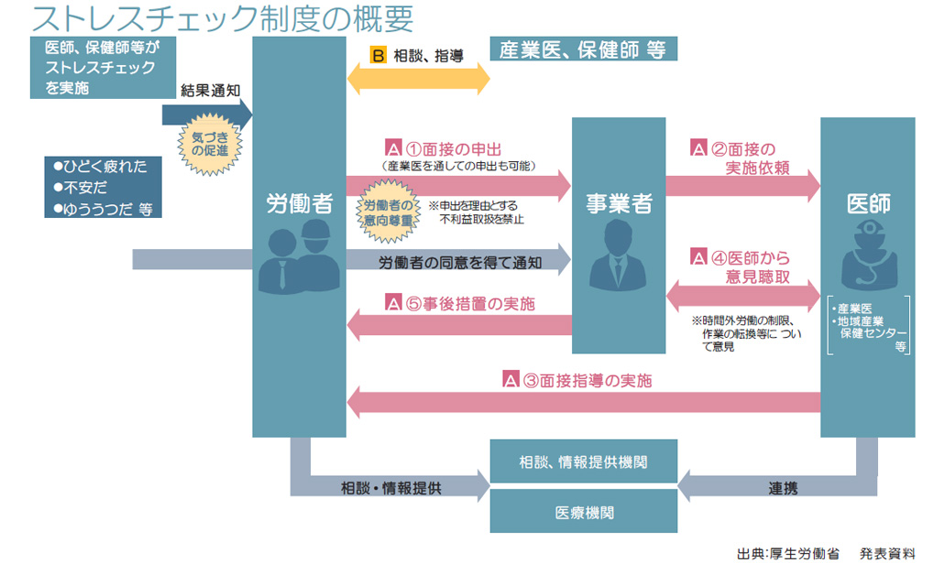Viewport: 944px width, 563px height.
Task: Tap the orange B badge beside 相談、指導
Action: [379, 55]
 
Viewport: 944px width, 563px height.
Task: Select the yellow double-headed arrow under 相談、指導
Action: [418, 80]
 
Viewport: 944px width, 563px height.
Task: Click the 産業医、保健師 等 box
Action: [583, 49]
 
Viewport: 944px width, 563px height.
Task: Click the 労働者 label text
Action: [299, 203]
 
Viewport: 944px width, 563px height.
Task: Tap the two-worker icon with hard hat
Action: [299, 259]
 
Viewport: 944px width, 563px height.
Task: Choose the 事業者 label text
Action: [619, 203]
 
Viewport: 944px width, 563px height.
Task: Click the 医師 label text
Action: [867, 203]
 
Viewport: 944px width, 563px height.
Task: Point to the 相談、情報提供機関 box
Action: [584, 460]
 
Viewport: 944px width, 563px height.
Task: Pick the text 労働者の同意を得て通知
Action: [460, 262]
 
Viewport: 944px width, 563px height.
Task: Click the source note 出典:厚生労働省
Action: [785, 553]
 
